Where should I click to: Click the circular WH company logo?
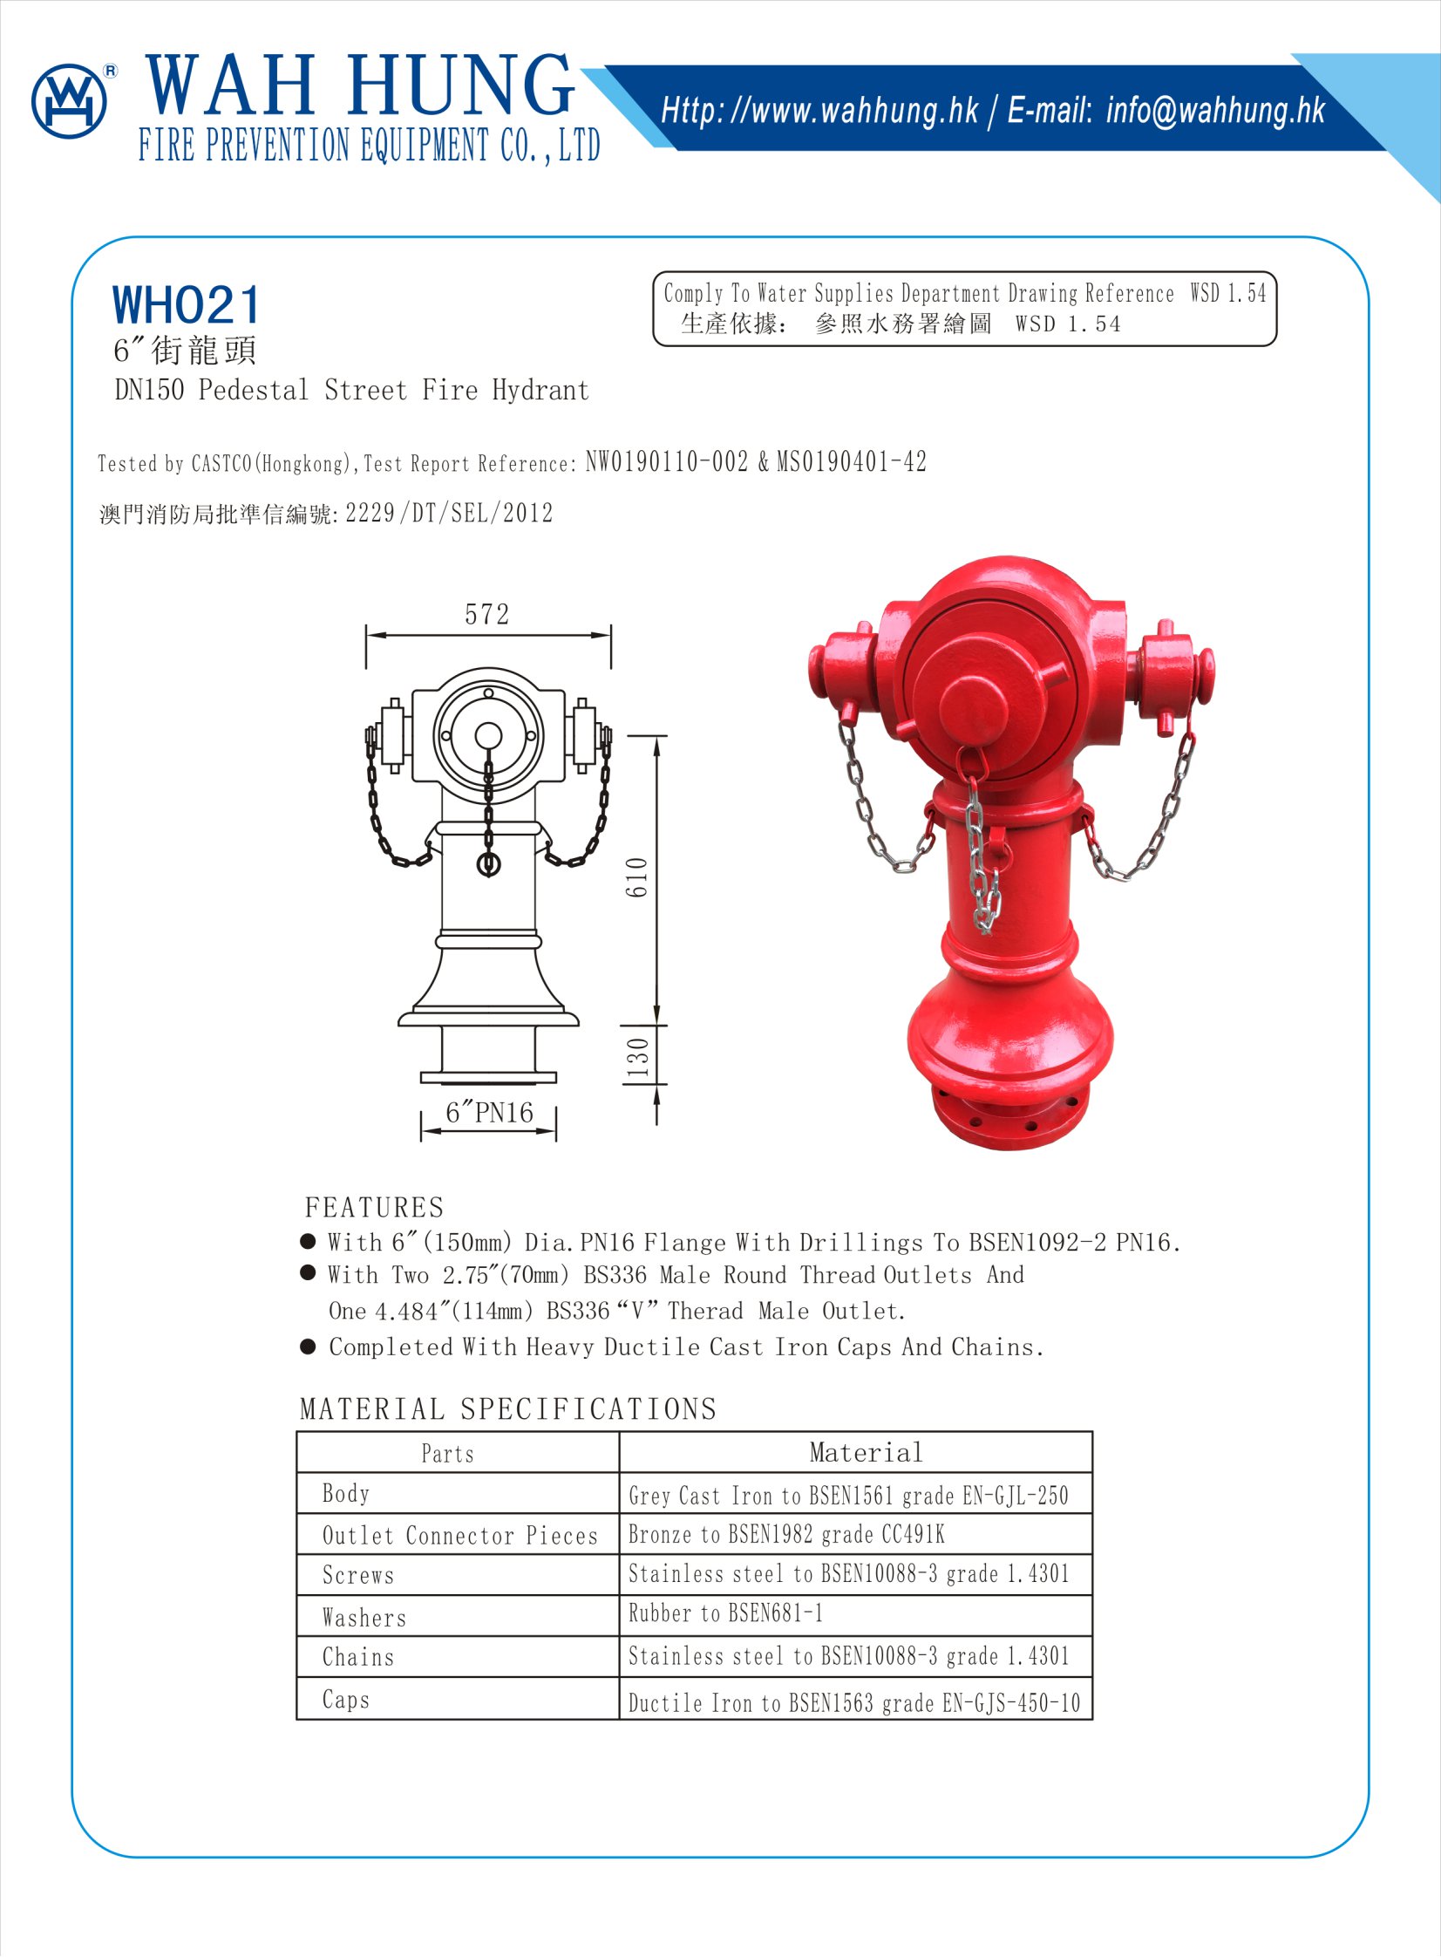[x=69, y=101]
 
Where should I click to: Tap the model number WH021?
[x=187, y=305]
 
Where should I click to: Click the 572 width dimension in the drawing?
[x=486, y=615]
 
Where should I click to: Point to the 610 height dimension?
[x=637, y=876]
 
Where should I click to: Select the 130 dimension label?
[x=637, y=1057]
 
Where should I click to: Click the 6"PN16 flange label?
[x=488, y=1114]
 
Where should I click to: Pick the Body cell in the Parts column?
[x=345, y=1494]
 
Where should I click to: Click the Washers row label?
[x=364, y=1618]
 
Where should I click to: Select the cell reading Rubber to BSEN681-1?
[x=726, y=1613]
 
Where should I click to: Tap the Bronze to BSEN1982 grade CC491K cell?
[x=786, y=1534]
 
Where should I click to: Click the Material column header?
[x=866, y=1453]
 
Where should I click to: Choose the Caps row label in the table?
[x=345, y=1699]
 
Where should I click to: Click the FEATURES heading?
[x=374, y=1208]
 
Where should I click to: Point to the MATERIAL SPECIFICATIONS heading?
[x=507, y=1409]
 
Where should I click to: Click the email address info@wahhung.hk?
[x=1215, y=111]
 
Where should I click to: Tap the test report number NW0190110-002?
[x=666, y=461]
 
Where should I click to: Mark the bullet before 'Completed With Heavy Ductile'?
[x=308, y=1347]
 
